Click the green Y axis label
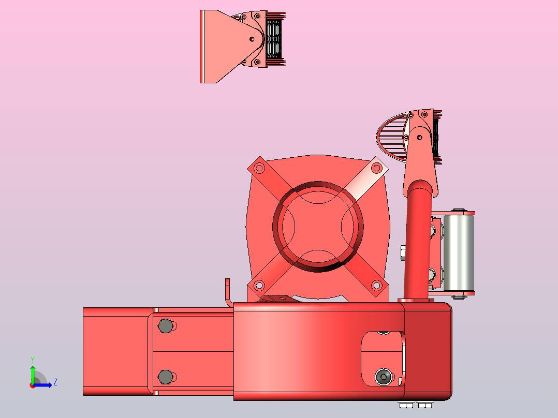[x=33, y=360]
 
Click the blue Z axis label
[x=55, y=382]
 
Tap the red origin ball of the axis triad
[x=33, y=385]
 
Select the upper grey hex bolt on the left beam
[x=166, y=326]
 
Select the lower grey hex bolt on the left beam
[x=166, y=377]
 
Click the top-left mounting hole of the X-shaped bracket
[x=259, y=168]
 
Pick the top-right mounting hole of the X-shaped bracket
[x=376, y=168]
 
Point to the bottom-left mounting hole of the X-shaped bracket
[x=259, y=285]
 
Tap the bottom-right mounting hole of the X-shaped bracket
[x=376, y=285]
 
